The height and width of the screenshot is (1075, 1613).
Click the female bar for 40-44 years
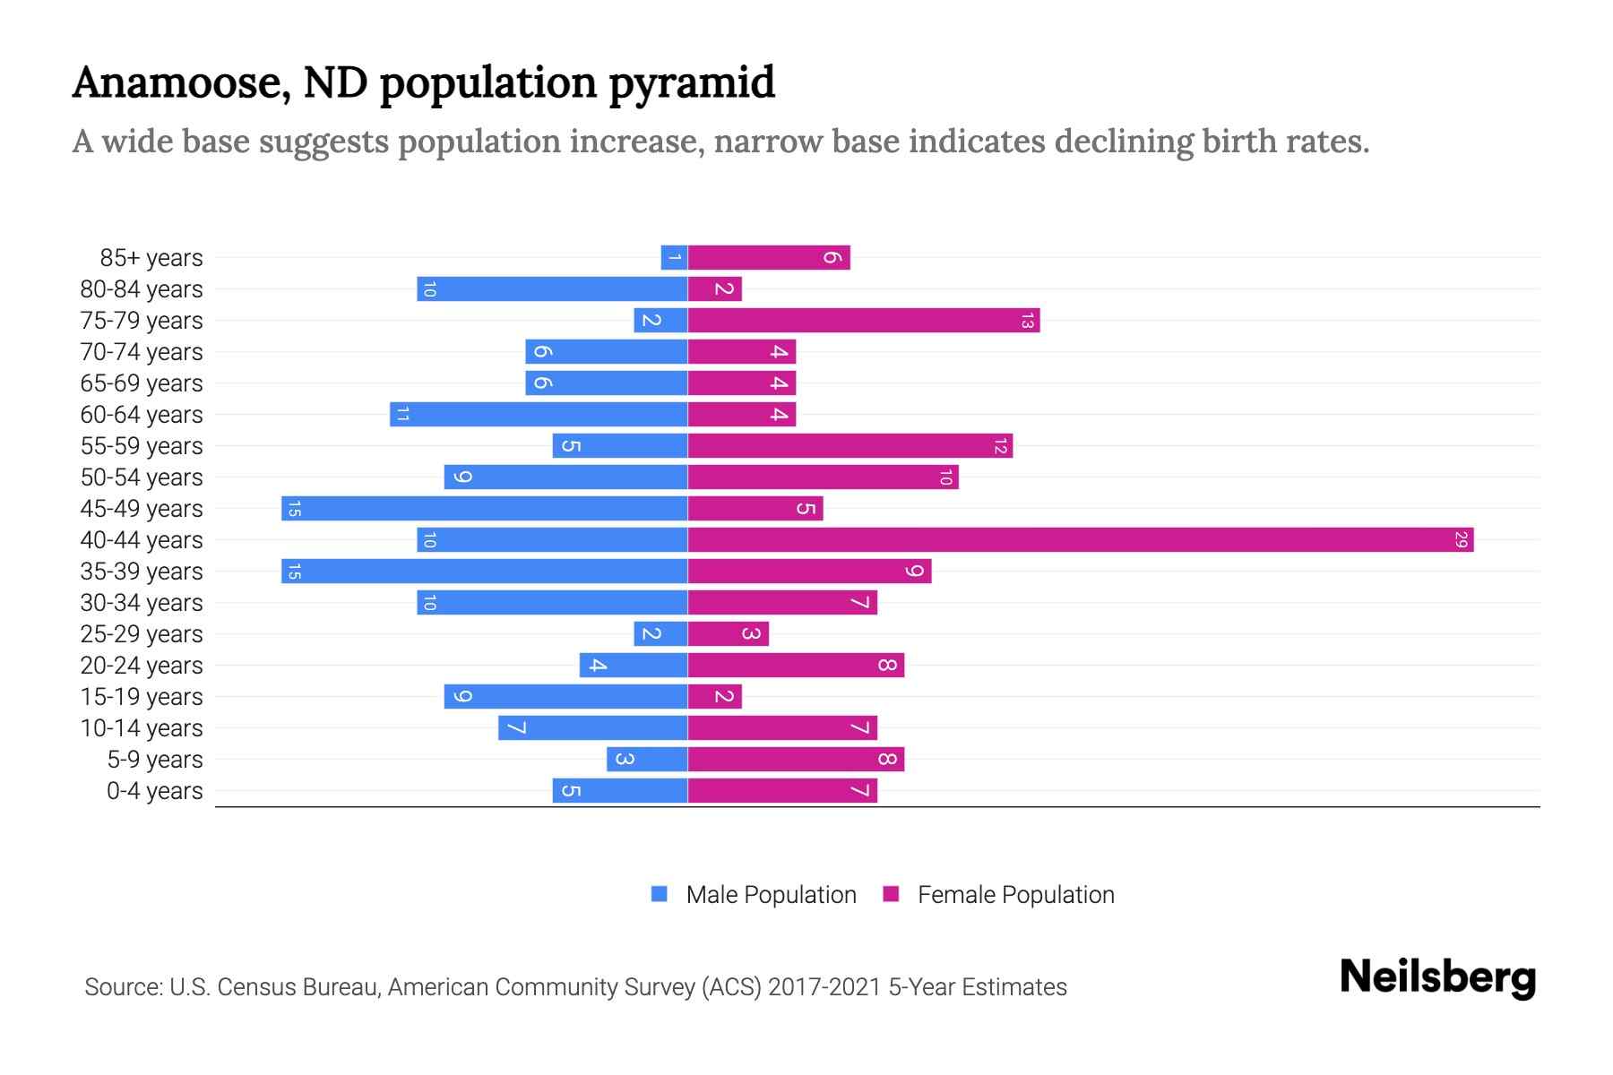coord(1080,540)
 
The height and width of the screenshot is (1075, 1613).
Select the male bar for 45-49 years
coord(484,509)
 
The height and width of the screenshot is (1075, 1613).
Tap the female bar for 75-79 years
coord(863,321)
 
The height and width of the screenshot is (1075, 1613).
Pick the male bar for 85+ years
coord(674,258)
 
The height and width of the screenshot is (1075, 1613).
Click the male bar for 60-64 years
coord(539,415)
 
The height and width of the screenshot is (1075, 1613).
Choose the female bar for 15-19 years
coord(714,697)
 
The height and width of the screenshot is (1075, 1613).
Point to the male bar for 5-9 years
coord(647,760)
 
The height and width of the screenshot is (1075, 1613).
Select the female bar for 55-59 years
coord(850,446)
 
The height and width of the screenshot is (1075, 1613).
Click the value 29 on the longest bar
coord(1461,540)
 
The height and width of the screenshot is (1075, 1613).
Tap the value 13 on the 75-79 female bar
coord(1027,321)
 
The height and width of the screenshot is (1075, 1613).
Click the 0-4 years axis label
coord(154,791)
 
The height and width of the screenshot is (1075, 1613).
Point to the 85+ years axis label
coord(151,258)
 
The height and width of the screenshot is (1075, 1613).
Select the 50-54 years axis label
coord(142,477)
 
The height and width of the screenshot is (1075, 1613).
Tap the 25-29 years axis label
coord(142,634)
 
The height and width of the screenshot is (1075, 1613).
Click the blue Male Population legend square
coord(660,894)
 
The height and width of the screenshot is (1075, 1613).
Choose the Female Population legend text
coord(1015,895)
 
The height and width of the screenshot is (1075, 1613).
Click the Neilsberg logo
coord(1437,976)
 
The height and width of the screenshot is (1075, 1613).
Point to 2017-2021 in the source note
coord(824,987)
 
